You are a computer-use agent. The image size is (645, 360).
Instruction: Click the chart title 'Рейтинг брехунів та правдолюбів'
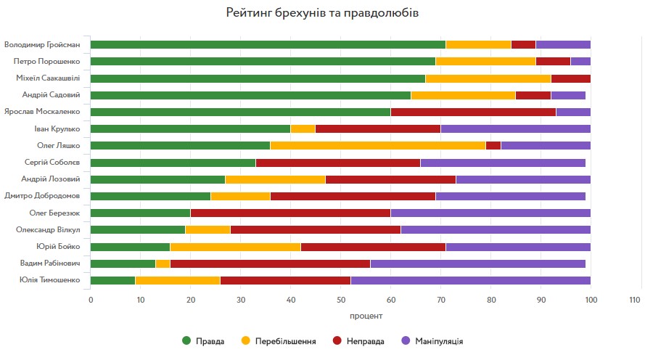[322, 13]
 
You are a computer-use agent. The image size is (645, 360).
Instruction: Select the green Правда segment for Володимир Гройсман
[268, 44]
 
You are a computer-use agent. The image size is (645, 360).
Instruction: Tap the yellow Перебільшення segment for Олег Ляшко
[378, 145]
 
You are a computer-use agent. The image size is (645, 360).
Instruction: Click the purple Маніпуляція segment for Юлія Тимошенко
[470, 280]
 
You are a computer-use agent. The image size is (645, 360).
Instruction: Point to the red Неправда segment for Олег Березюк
[290, 213]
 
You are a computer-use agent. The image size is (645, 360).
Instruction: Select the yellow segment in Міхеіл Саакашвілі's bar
[488, 78]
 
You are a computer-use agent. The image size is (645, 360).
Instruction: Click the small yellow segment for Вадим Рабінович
[163, 263]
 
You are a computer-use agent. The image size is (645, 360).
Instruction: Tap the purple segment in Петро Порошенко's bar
[580, 62]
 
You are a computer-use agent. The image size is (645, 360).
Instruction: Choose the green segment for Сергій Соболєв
[173, 163]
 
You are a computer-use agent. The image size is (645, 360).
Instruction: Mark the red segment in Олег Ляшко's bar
[493, 145]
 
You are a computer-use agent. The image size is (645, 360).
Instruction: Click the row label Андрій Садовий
[63, 95]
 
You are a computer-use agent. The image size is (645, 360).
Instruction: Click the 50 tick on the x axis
[340, 299]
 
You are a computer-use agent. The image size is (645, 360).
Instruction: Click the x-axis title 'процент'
[340, 316]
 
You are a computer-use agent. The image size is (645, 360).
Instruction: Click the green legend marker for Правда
[187, 340]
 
